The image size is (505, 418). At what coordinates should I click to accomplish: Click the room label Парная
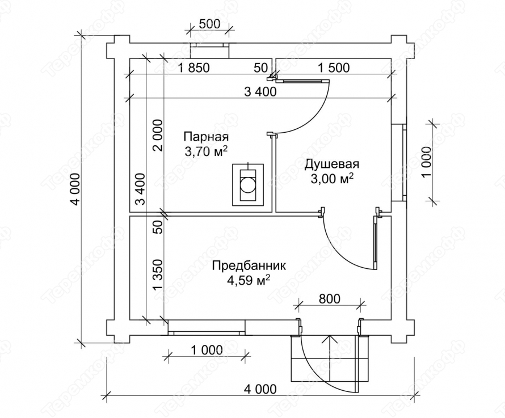coord(206,137)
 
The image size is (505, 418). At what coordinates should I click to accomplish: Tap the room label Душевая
coord(332,164)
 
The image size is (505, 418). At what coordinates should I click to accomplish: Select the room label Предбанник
coord(249,267)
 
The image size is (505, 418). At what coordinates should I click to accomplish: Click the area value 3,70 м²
coord(206,151)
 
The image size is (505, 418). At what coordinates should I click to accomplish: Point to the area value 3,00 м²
coord(332,179)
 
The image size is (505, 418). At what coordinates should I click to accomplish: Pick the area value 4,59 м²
coord(249,280)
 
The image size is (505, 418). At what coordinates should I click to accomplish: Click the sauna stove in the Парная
coord(249,184)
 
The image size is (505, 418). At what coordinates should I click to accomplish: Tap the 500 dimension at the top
coord(209,24)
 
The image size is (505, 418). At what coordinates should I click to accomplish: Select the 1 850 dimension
coord(193,68)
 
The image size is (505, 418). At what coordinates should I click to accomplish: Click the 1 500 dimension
coord(334,67)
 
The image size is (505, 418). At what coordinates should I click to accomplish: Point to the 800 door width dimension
coord(330,299)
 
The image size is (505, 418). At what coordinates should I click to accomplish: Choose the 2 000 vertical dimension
coord(158,135)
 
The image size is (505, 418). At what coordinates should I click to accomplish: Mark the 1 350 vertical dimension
coord(158,275)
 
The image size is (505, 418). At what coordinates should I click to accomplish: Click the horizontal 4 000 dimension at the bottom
coord(260,389)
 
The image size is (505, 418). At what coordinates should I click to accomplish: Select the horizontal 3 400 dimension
coord(260,92)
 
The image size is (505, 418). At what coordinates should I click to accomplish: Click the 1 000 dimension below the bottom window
coord(207,350)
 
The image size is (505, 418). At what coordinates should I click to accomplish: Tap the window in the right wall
coord(398,162)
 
